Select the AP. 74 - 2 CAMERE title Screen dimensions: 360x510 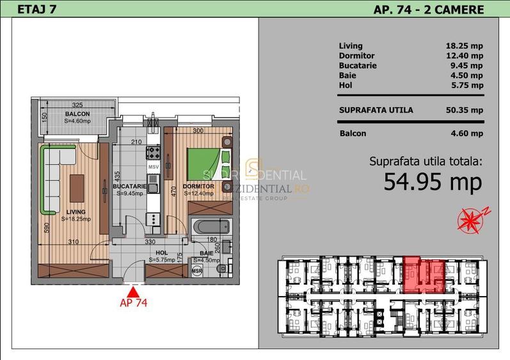coord(428,9)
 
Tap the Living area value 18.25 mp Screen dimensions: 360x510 coord(464,46)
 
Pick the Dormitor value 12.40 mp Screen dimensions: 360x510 coord(464,56)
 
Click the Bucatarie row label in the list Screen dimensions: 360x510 coord(358,65)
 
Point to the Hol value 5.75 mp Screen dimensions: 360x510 coord(466,85)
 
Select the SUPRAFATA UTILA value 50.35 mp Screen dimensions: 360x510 coord(464,110)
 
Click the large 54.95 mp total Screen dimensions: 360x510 coord(433,182)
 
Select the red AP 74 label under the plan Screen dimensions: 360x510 coord(134,303)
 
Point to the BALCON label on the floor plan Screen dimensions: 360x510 coord(77,114)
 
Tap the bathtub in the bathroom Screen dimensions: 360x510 coord(211,227)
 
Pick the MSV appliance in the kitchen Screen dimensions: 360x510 coord(153,167)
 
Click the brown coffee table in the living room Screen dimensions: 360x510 coord(77,187)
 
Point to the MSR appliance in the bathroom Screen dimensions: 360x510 coord(197,271)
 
